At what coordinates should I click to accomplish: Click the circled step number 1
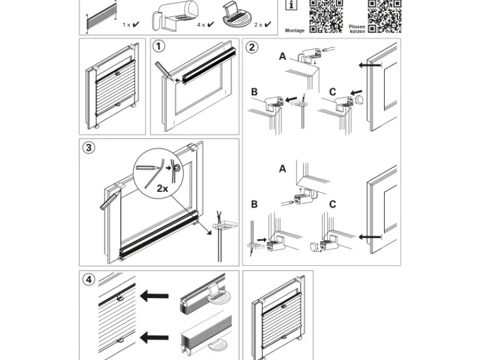(158, 46)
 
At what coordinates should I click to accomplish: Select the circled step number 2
(253, 47)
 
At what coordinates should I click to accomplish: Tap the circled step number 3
(88, 148)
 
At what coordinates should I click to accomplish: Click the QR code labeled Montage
(326, 16)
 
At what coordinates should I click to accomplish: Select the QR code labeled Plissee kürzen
(384, 16)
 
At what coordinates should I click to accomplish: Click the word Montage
(295, 30)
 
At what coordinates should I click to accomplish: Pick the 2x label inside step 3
(162, 187)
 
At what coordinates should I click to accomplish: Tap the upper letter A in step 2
(283, 57)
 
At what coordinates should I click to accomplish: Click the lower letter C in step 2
(332, 205)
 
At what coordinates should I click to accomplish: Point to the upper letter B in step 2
(254, 92)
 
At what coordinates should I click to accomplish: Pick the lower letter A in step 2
(283, 169)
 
